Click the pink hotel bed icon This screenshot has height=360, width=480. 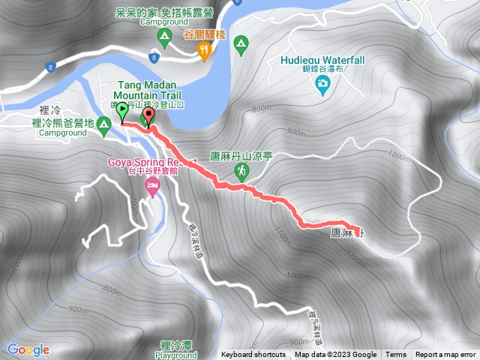pyautogui.click(x=154, y=184)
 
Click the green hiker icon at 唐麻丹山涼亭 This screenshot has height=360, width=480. pyautogui.click(x=241, y=171)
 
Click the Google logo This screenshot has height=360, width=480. pyautogui.click(x=28, y=349)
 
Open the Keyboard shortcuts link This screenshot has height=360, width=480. pyautogui.click(x=253, y=355)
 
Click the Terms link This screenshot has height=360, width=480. pyautogui.click(x=396, y=355)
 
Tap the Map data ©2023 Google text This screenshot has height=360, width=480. pyautogui.click(x=335, y=355)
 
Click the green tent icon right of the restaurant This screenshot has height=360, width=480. pyautogui.click(x=240, y=44)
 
